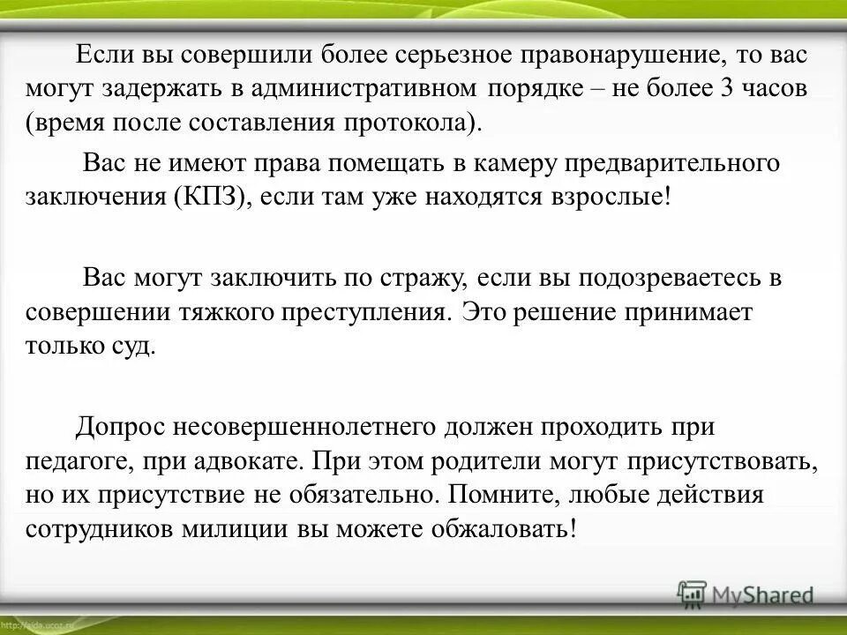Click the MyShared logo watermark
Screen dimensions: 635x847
(x=746, y=594)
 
